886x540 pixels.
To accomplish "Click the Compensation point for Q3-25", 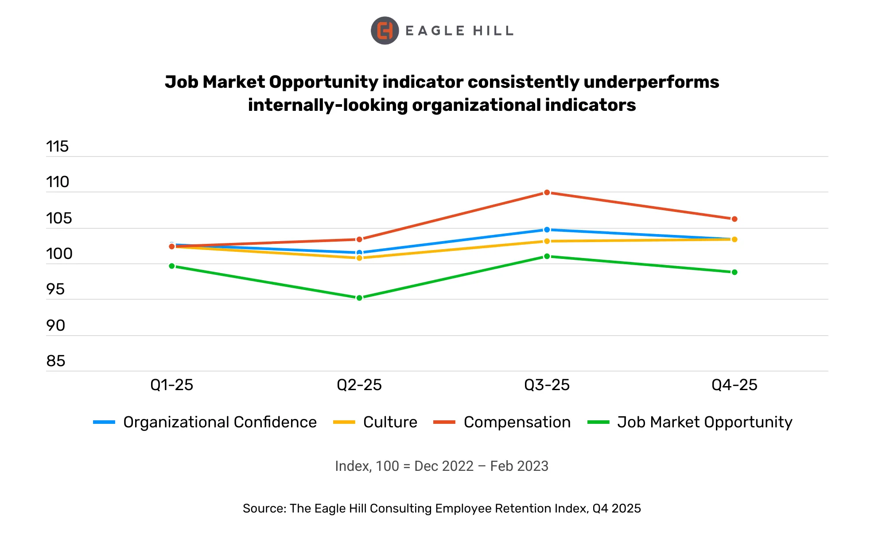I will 547,192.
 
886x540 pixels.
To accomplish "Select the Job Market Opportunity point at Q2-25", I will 359,298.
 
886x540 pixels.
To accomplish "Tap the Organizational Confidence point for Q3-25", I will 547,230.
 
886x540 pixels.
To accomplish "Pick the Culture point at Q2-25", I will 359,258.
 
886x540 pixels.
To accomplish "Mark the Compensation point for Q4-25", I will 734,219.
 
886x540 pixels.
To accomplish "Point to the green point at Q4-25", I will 734,272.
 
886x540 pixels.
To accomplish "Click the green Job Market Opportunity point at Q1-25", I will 172,266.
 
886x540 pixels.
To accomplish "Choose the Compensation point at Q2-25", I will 359,239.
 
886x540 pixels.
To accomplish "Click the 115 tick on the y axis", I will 58,147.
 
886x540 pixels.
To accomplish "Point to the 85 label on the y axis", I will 56,361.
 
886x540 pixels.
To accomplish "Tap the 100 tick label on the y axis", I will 59,254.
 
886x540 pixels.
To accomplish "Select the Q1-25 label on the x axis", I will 172,385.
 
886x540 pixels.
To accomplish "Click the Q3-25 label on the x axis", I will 547,385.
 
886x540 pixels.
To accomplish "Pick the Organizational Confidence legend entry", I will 220,422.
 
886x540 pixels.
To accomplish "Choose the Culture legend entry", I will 390,422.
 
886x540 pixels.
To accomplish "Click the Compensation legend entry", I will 517,422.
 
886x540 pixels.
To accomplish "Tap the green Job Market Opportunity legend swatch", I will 598,422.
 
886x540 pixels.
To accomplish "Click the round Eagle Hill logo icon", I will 385,31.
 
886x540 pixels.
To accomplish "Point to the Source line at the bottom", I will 442,508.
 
